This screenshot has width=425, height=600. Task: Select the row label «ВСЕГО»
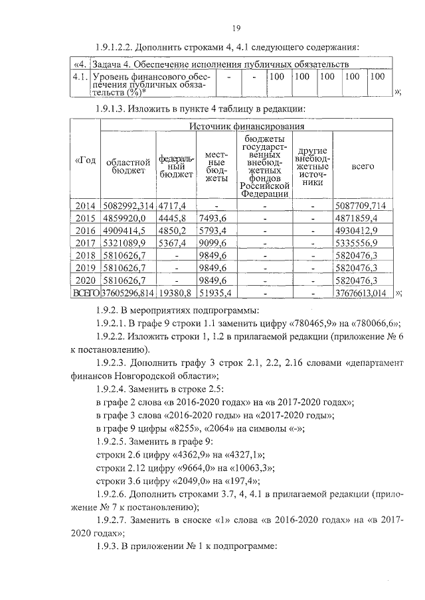86,292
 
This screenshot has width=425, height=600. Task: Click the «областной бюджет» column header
127,166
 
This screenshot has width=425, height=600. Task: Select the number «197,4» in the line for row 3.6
237,482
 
